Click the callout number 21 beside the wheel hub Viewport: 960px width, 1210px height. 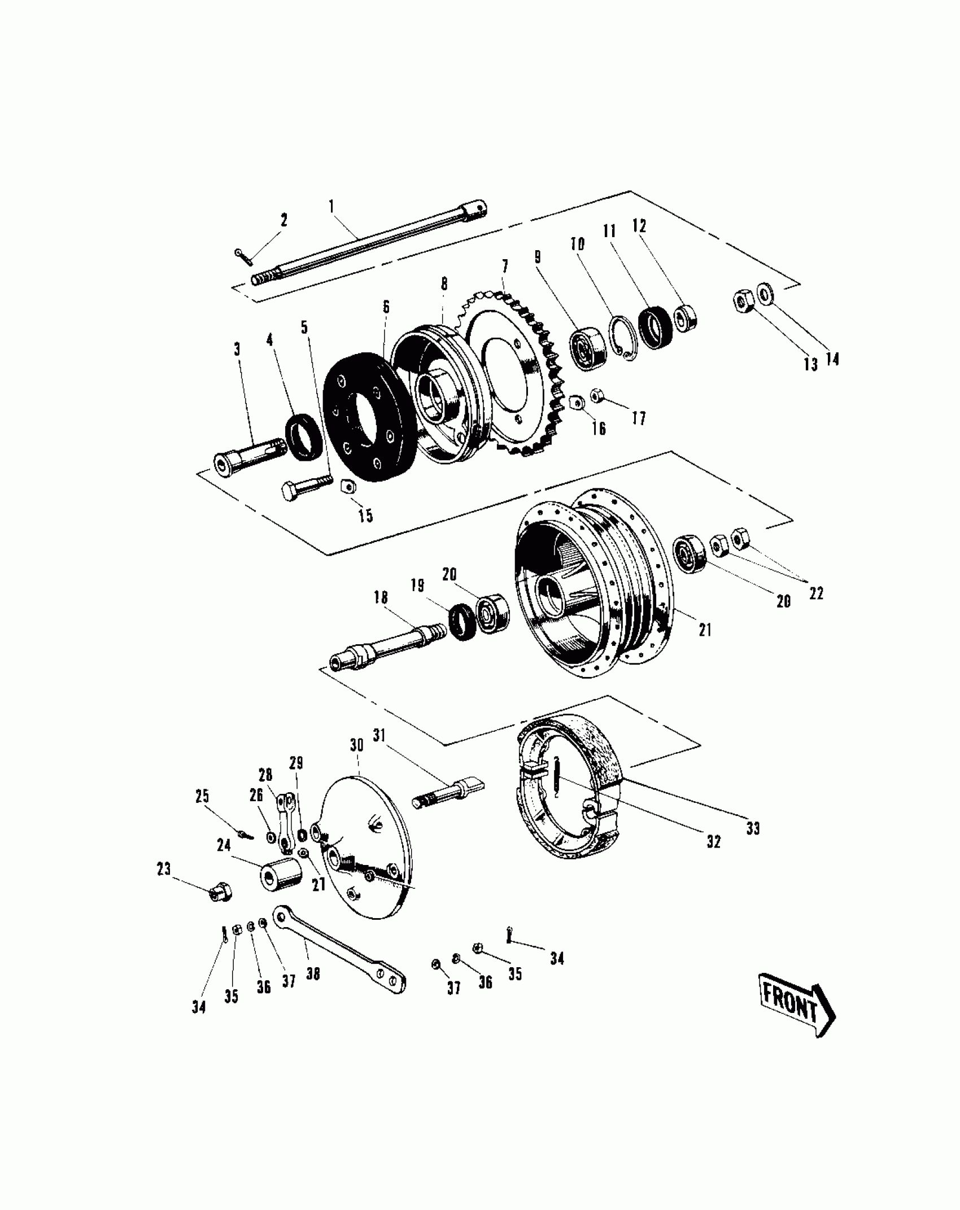click(705, 630)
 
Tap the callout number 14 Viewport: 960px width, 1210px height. click(832, 359)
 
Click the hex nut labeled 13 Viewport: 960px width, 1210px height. click(741, 302)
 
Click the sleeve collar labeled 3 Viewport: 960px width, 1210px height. click(248, 452)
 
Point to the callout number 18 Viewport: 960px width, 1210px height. click(381, 598)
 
